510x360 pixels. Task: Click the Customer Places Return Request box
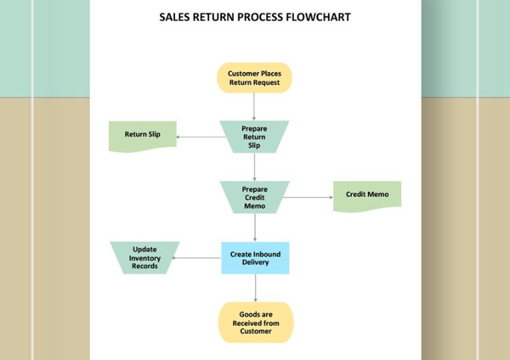click(x=254, y=78)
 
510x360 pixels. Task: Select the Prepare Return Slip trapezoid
click(x=254, y=137)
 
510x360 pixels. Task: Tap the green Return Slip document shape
click(x=143, y=135)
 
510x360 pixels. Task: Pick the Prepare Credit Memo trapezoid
click(x=254, y=197)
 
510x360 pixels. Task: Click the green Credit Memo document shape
click(x=367, y=195)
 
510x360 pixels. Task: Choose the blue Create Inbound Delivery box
click(x=255, y=258)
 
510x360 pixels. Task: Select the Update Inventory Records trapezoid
click(x=145, y=258)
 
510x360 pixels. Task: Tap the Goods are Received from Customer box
click(x=256, y=323)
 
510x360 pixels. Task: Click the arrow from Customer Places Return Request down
click(x=254, y=106)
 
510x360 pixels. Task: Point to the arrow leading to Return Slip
click(x=200, y=137)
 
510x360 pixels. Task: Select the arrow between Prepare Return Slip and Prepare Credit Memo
click(x=254, y=166)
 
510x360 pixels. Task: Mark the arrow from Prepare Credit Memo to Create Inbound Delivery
click(x=255, y=227)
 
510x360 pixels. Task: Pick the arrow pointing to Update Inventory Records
click(x=197, y=258)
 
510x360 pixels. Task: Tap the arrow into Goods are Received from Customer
click(x=255, y=288)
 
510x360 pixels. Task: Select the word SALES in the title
click(x=174, y=17)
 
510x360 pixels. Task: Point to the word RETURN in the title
click(x=214, y=17)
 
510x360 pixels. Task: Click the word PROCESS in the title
click(x=260, y=17)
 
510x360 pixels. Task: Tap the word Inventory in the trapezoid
click(x=145, y=258)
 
